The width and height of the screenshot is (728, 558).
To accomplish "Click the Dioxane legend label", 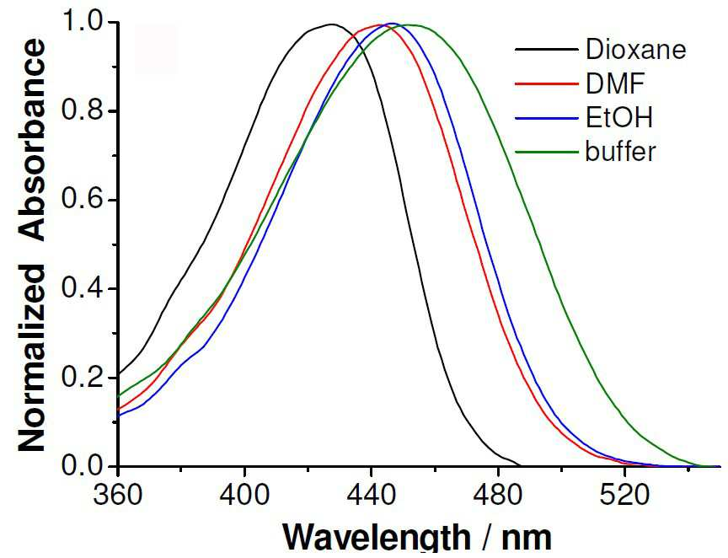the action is [x=635, y=49].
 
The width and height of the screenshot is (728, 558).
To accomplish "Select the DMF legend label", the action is [x=615, y=83].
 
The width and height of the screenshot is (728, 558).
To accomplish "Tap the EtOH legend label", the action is [x=618, y=117].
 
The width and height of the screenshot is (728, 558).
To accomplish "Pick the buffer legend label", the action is [x=620, y=152].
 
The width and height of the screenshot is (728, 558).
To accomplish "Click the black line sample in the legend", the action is [x=547, y=49].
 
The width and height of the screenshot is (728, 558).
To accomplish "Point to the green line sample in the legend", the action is [x=547, y=152].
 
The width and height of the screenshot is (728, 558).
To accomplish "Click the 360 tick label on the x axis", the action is [x=117, y=496].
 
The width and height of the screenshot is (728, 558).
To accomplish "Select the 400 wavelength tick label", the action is [x=244, y=496].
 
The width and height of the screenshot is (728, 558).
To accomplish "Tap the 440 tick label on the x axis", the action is [x=371, y=496].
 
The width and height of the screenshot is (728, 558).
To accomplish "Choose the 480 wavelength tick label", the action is [x=498, y=496].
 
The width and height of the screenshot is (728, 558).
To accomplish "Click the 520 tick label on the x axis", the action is [x=624, y=496].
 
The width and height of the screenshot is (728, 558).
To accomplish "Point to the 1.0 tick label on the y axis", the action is [x=81, y=22].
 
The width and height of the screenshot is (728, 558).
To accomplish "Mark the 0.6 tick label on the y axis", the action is [x=81, y=201].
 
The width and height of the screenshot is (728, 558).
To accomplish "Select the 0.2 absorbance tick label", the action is [x=81, y=378].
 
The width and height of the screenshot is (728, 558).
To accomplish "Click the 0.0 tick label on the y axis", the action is [x=81, y=466].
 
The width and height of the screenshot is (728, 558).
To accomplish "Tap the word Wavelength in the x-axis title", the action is [x=377, y=539].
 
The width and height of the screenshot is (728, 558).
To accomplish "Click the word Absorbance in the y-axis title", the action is [x=33, y=140].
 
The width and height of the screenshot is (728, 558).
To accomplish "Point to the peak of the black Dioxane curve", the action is [x=331, y=24].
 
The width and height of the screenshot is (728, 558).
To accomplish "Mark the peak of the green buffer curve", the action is [x=411, y=25].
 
